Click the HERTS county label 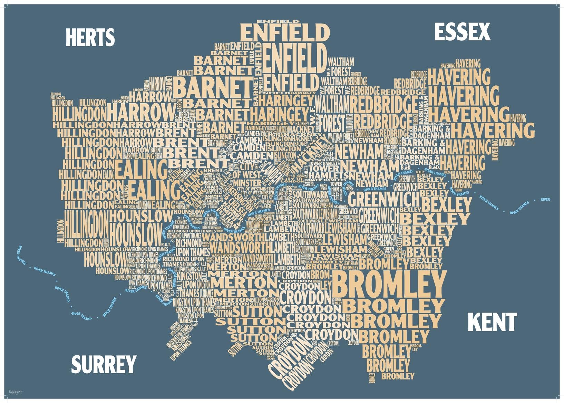[x=90, y=38]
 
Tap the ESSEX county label [x=462, y=32]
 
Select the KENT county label [x=492, y=322]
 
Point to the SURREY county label [x=104, y=364]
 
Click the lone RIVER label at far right [x=545, y=200]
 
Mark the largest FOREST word [x=332, y=123]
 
